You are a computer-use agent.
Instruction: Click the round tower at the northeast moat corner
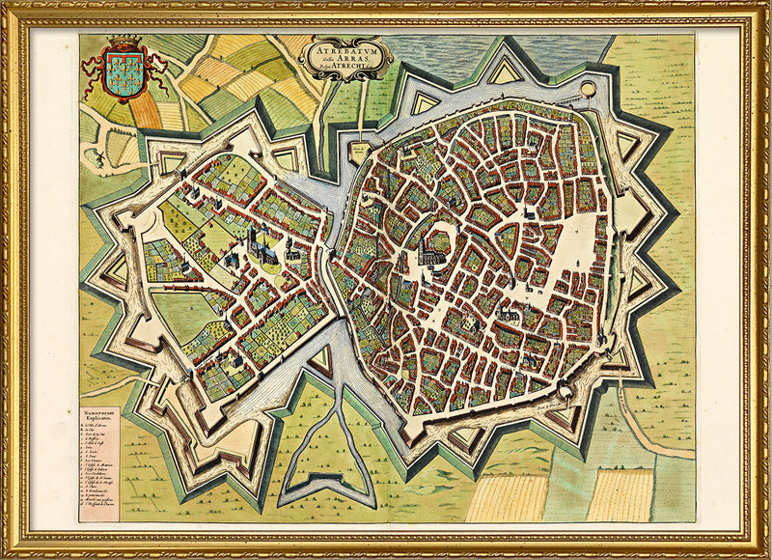(588, 90)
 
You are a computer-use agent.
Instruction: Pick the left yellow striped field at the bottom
(507, 498)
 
